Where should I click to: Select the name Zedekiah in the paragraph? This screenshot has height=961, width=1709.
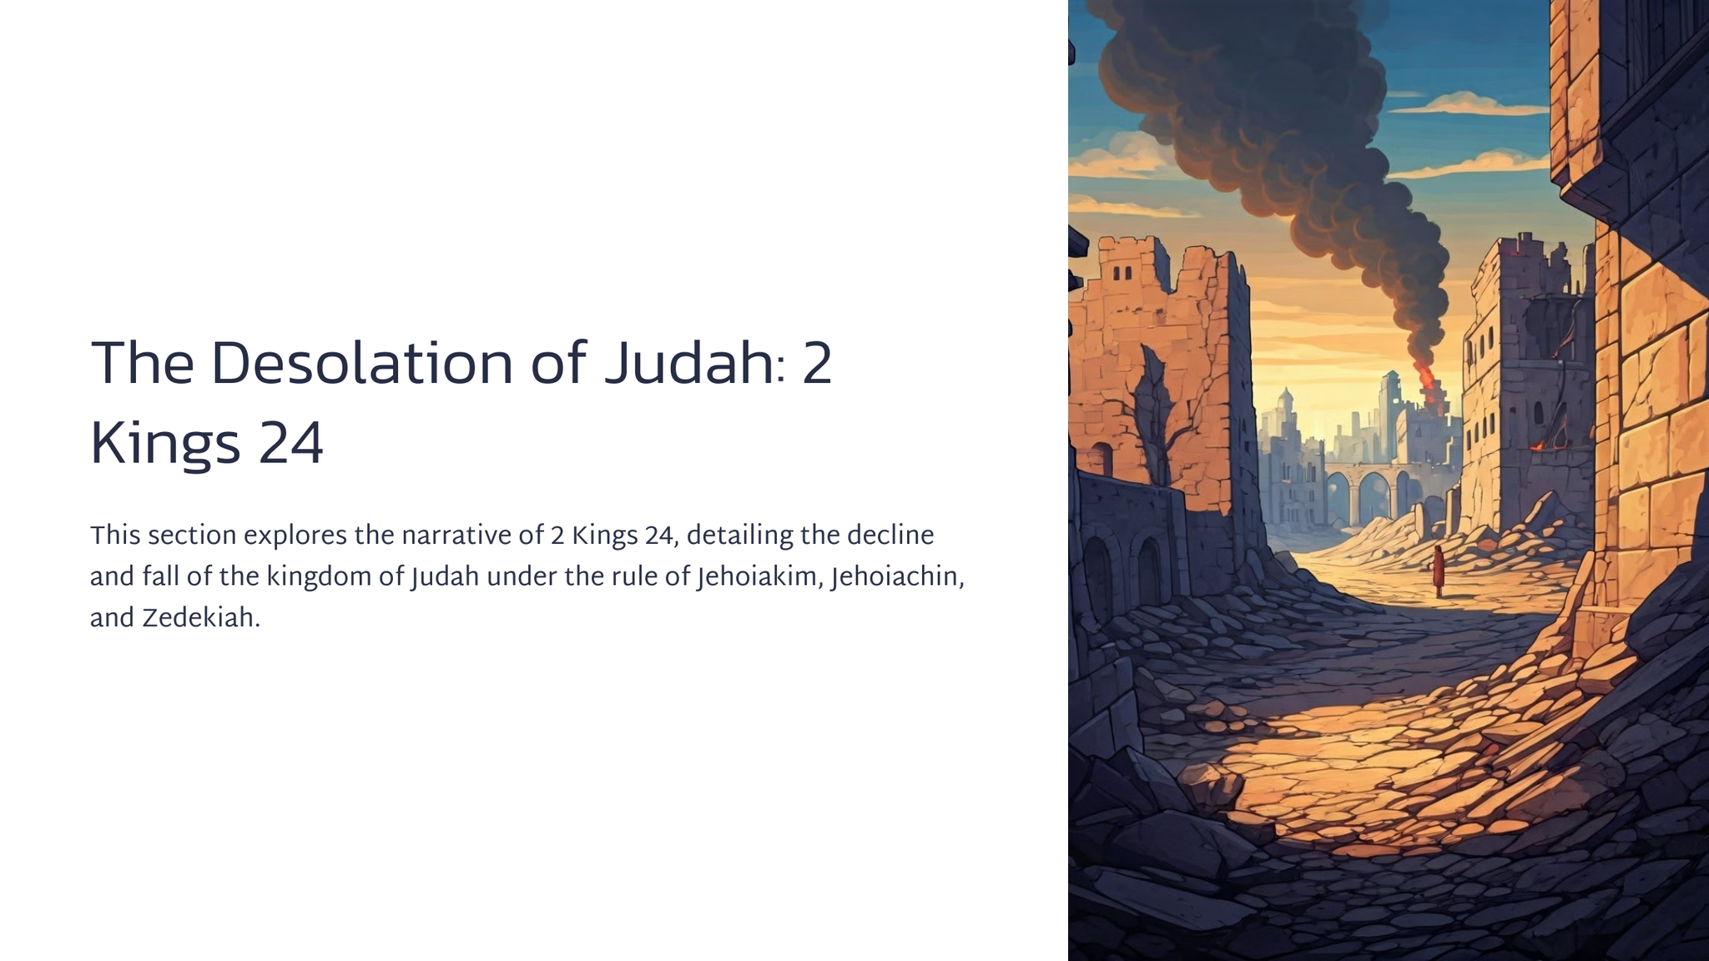201,618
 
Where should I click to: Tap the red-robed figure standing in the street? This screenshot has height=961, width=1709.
1439,571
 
